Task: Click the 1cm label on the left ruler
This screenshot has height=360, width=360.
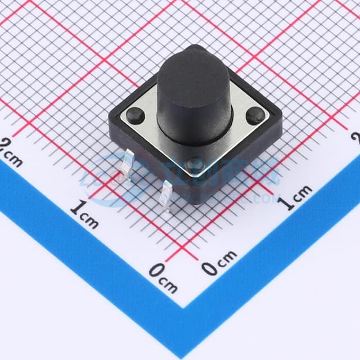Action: click(84, 213)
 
